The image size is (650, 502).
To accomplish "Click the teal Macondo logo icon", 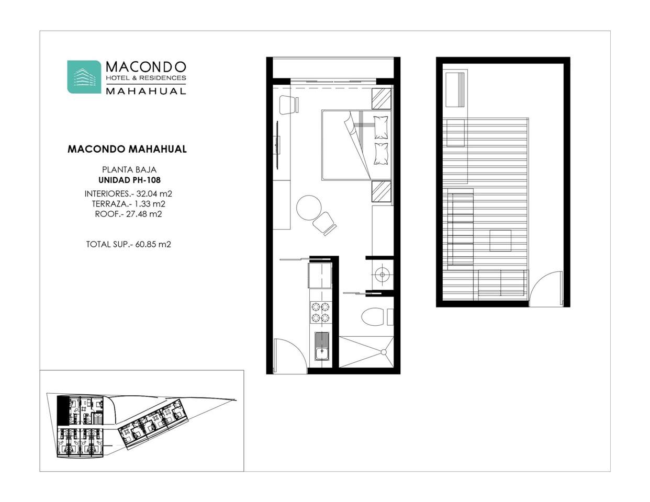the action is [x=84, y=77].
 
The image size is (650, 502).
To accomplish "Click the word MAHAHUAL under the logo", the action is [x=146, y=91].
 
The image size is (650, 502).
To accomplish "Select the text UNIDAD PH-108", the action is [x=129, y=180].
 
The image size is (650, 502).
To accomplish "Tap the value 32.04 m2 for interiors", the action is [x=154, y=193].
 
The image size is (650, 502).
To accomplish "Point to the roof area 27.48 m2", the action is [x=144, y=214].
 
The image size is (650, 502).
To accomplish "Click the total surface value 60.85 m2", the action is [x=153, y=244].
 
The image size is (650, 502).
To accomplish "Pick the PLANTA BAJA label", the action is [x=129, y=170].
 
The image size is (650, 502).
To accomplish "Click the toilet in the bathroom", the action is [x=373, y=316].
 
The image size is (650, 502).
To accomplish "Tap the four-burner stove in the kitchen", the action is [x=320, y=312].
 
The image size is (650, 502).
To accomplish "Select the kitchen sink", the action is [x=321, y=347].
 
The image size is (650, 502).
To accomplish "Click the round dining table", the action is [x=309, y=208].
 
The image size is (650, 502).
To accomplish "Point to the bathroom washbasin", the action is [x=382, y=274].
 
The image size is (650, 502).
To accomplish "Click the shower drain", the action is [x=384, y=352].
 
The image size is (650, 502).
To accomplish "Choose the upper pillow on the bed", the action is [x=382, y=127].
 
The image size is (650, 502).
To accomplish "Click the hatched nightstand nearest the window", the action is [x=382, y=99].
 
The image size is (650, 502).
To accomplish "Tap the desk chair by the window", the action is [x=289, y=104].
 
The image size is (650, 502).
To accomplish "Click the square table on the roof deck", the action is [x=500, y=241].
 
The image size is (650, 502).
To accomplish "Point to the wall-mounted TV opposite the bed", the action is [x=277, y=145].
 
